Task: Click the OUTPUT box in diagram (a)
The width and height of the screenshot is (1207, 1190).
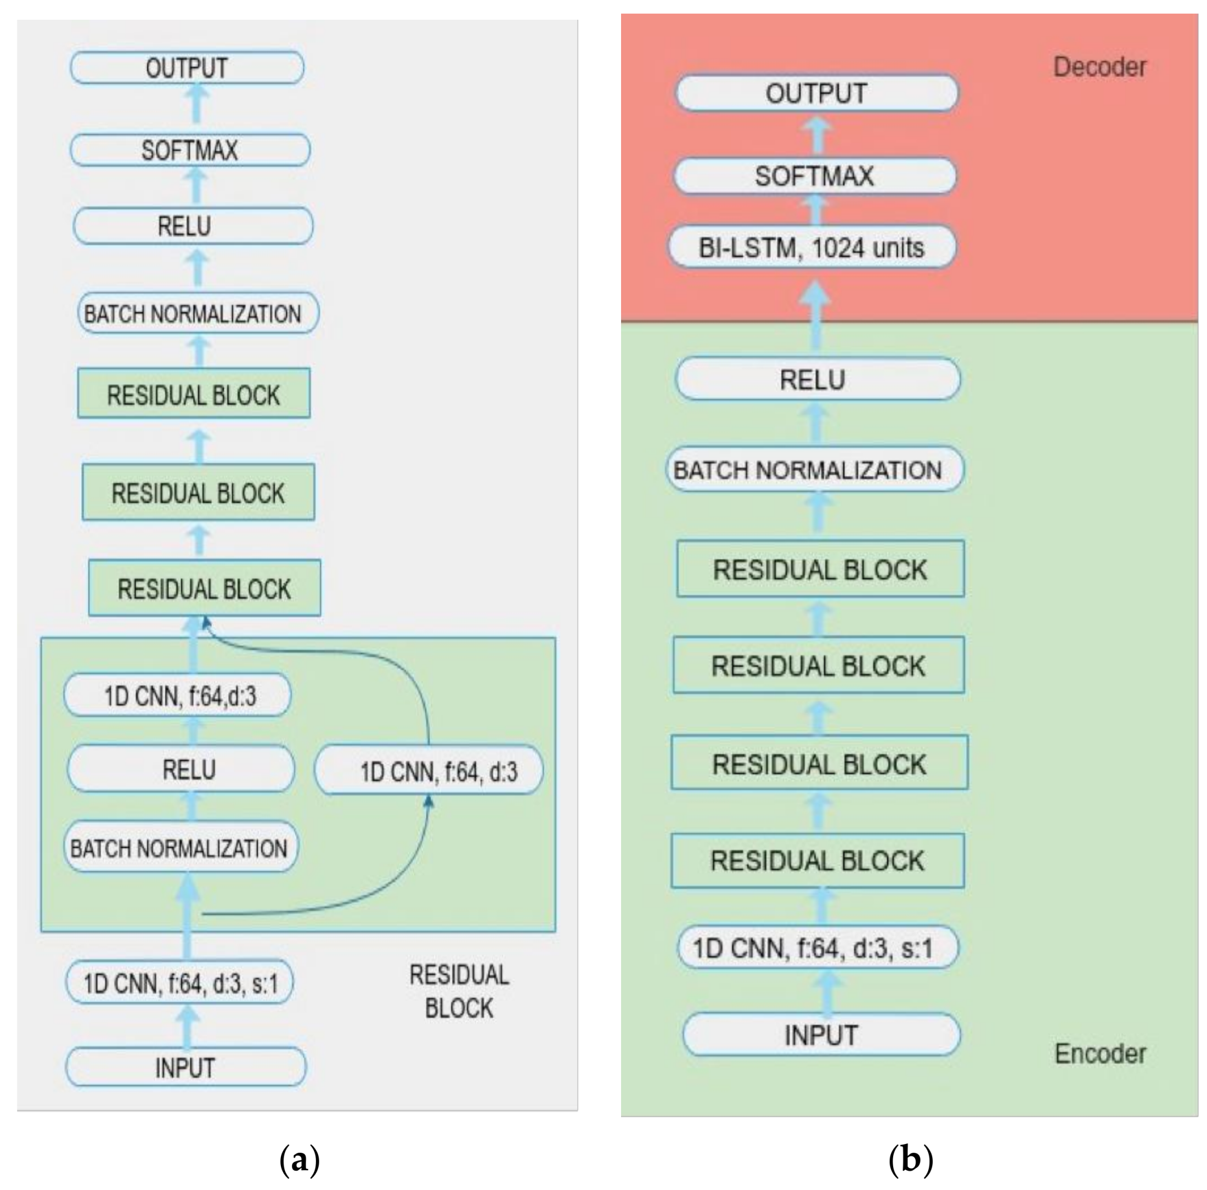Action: [187, 68]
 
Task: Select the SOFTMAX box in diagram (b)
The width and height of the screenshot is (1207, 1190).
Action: [815, 176]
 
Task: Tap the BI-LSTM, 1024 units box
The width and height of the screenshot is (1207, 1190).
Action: [811, 248]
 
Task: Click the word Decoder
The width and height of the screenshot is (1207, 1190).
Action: [1099, 67]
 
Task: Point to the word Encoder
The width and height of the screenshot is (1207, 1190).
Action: [1099, 1054]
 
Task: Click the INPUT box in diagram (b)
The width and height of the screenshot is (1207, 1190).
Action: [821, 1035]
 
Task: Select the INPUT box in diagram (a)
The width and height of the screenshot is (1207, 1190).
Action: [185, 1068]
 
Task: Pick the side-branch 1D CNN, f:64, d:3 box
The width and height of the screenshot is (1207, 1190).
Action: [429, 771]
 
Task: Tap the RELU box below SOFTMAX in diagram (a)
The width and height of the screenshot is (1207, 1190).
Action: [193, 226]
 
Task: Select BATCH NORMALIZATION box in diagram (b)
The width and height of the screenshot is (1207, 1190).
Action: [815, 470]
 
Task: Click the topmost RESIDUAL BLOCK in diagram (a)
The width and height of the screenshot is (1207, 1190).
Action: [194, 394]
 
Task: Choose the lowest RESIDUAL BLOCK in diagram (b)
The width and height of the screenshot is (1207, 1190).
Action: [817, 861]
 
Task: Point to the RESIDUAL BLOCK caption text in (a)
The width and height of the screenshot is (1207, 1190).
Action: [459, 991]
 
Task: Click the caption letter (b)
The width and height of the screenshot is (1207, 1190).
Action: [910, 1159]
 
